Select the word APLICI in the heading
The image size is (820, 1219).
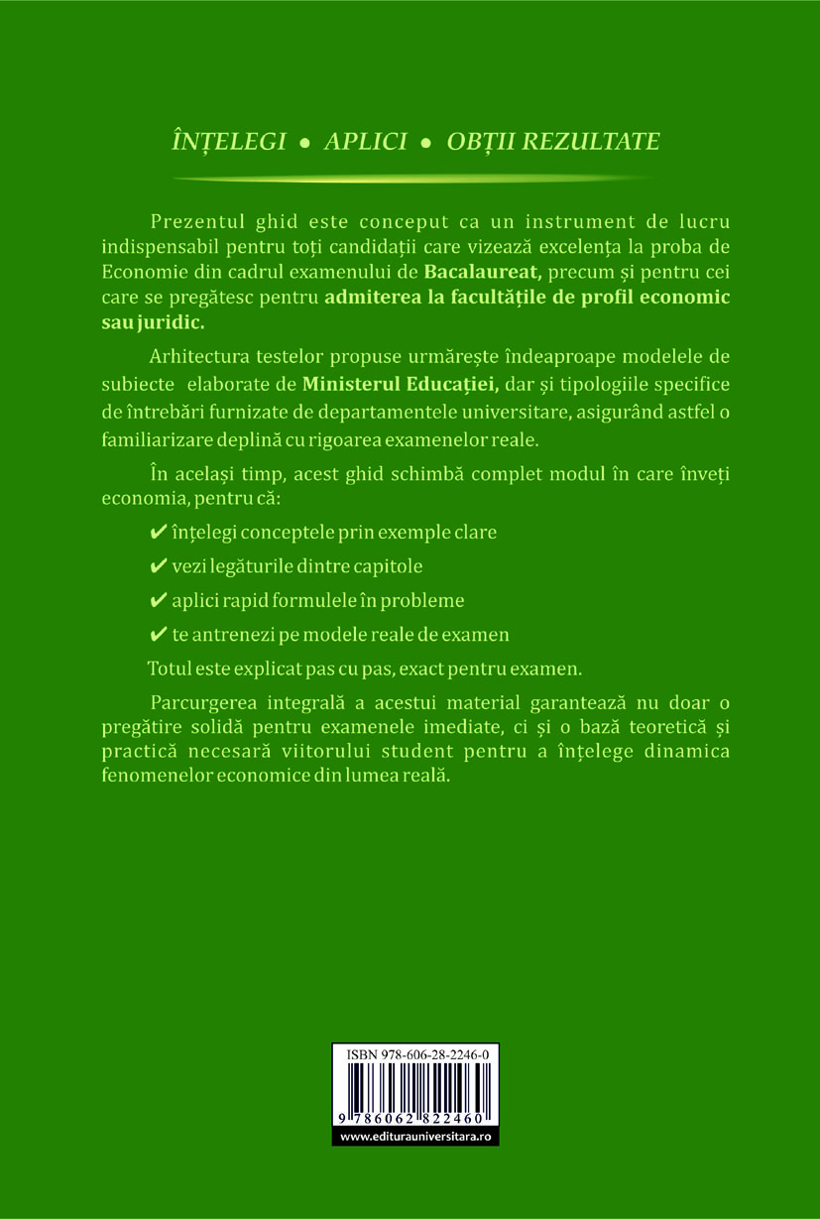[366, 141]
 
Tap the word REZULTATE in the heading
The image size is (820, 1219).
[591, 141]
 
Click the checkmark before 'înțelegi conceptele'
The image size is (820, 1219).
[156, 533]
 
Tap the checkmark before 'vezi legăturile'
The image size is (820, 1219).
[156, 566]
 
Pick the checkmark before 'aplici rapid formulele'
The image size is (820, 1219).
[156, 601]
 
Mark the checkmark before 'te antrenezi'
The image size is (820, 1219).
[156, 635]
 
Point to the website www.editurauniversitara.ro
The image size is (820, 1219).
[415, 1137]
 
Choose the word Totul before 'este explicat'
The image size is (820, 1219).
[168, 668]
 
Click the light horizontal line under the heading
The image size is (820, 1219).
[413, 179]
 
